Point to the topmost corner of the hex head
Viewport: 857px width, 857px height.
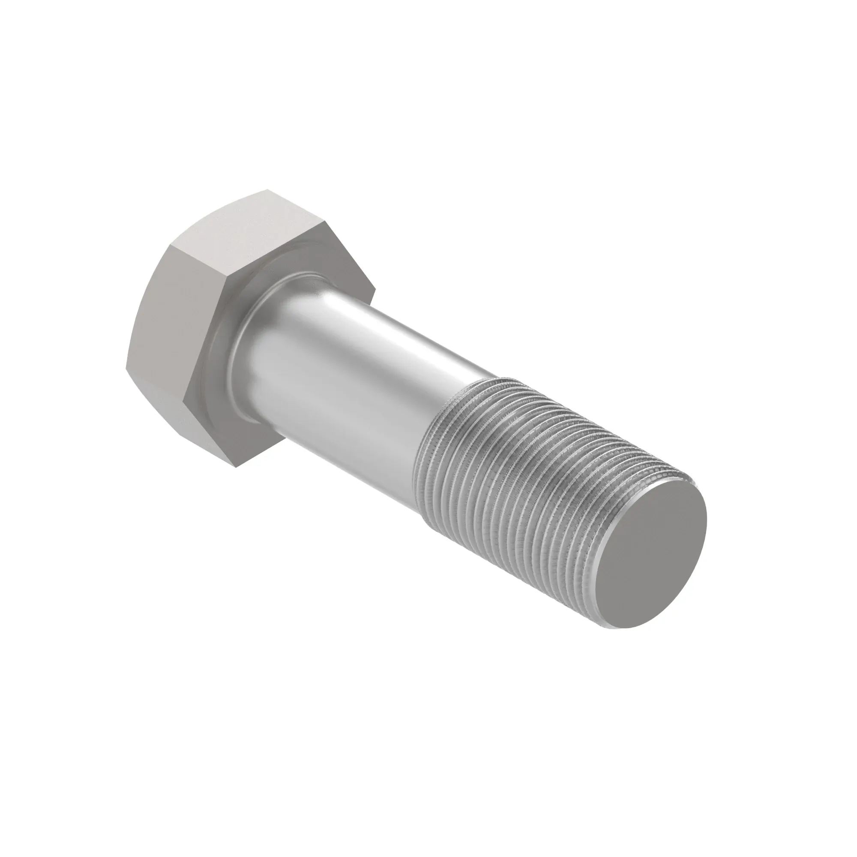267,190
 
